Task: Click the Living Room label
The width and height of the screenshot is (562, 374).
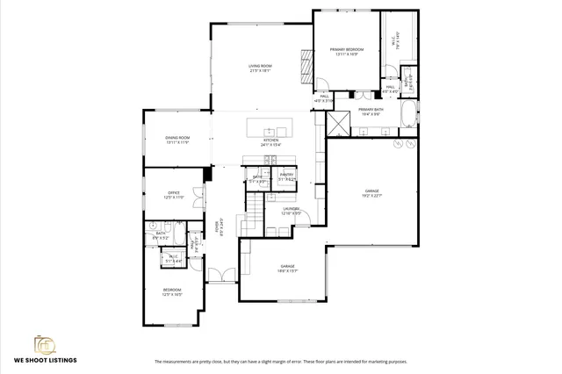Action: point(259,68)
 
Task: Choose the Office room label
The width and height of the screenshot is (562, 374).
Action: point(173,196)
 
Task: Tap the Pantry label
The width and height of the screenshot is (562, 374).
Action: point(286,176)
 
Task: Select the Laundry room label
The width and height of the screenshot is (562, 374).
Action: point(292,211)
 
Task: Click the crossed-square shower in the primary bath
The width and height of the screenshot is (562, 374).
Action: point(335,120)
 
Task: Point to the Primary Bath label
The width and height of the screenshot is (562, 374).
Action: point(369,111)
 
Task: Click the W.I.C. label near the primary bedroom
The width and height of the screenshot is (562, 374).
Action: point(394,40)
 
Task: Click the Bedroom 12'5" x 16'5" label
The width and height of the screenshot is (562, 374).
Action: point(171,292)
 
